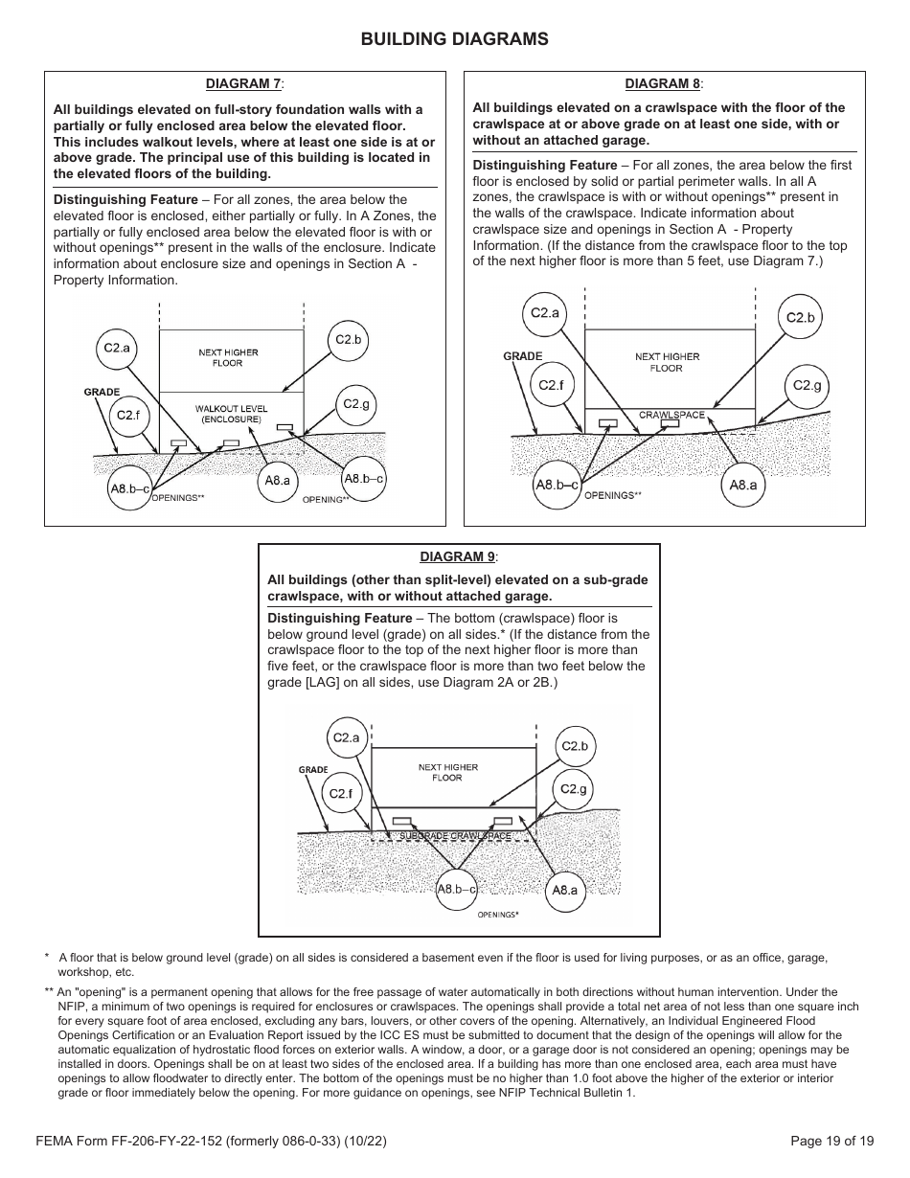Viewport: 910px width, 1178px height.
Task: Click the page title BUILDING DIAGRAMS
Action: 454,39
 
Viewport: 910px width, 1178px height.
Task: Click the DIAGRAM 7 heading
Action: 244,84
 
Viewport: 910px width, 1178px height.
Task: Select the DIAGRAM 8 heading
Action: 663,84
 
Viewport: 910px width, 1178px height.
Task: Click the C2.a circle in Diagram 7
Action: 117,349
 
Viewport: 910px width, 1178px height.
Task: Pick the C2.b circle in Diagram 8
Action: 800,318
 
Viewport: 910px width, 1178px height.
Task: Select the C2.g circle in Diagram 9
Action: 574,790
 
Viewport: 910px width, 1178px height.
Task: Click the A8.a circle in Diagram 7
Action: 277,481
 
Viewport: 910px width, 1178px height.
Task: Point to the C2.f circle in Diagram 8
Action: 551,385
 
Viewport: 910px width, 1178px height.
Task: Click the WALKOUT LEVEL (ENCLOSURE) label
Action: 231,414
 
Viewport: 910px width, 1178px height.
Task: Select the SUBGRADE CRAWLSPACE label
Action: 455,836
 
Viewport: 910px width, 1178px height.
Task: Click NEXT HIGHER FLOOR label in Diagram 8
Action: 667,362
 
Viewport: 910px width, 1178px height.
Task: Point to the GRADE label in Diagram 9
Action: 313,770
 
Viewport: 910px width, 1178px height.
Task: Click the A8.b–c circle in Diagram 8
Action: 557,486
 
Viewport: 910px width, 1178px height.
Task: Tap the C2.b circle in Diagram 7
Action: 348,340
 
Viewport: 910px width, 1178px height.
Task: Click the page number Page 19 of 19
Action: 831,1141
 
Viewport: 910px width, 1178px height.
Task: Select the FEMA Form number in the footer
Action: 211,1141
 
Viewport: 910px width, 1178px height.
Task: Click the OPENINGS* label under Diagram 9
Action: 498,915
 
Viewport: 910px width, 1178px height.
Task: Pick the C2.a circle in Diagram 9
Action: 345,737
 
